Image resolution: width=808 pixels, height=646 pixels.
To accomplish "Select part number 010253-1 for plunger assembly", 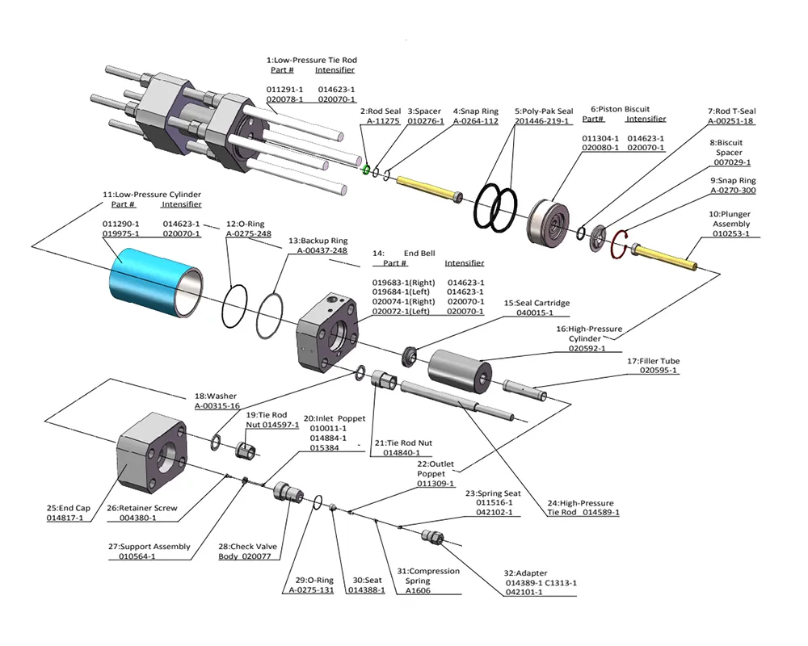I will (x=730, y=234).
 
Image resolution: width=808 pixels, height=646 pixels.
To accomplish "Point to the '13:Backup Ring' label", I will (x=322, y=240).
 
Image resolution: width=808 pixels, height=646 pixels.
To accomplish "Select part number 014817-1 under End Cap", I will (x=65, y=518).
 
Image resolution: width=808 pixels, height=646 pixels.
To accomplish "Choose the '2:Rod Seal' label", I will (x=380, y=111).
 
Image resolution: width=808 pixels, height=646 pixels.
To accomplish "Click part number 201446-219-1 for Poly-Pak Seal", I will (x=542, y=121).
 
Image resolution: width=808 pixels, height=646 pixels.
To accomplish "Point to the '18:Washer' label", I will (x=216, y=396).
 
